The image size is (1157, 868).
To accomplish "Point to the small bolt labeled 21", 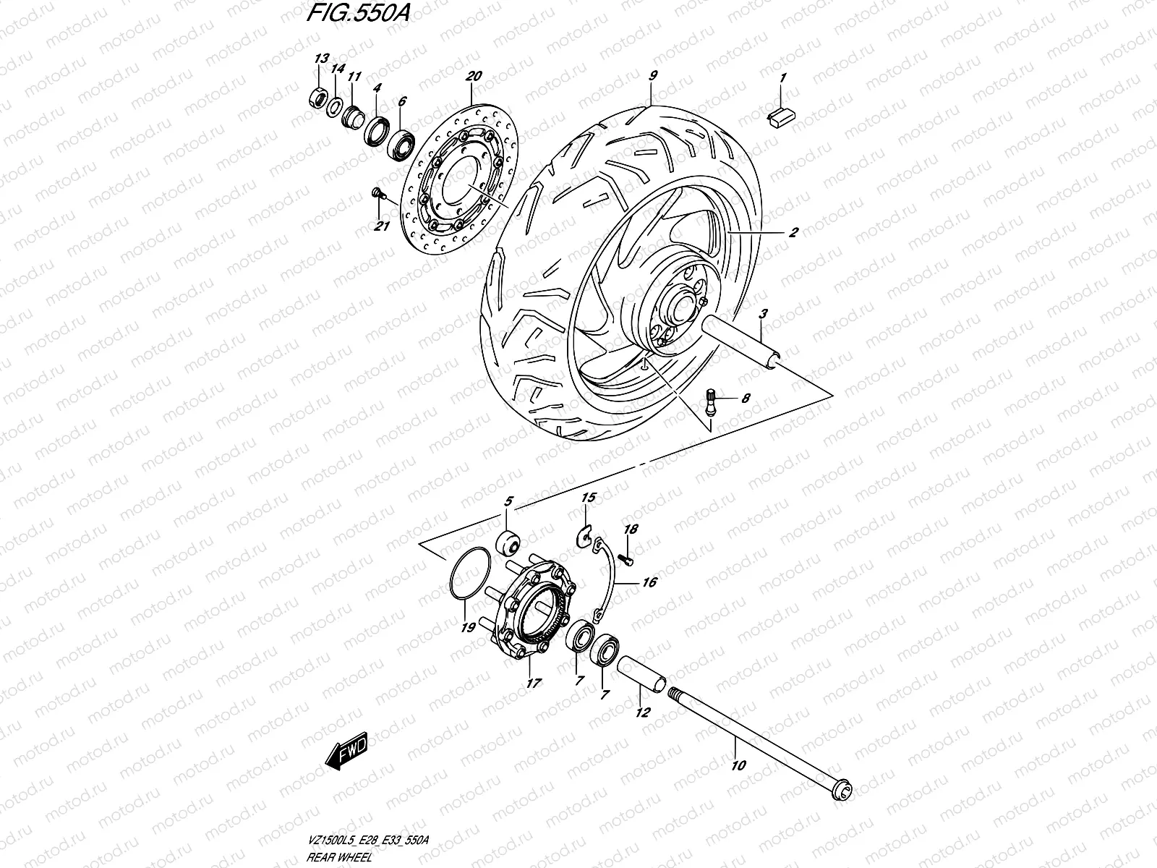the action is (376, 192).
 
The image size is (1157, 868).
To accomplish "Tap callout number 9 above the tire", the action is (652, 75).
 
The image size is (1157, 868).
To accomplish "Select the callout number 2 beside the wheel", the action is (793, 233).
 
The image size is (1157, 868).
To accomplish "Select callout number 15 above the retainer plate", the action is (588, 498).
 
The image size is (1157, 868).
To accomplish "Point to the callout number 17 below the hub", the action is (532, 682).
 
